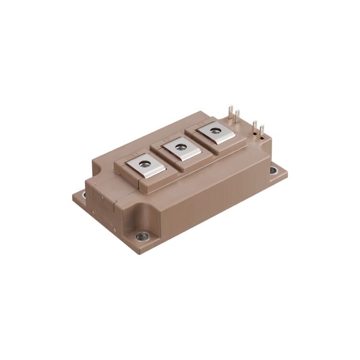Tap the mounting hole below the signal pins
click(x=273, y=170)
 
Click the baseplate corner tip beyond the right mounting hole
click(x=287, y=171)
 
